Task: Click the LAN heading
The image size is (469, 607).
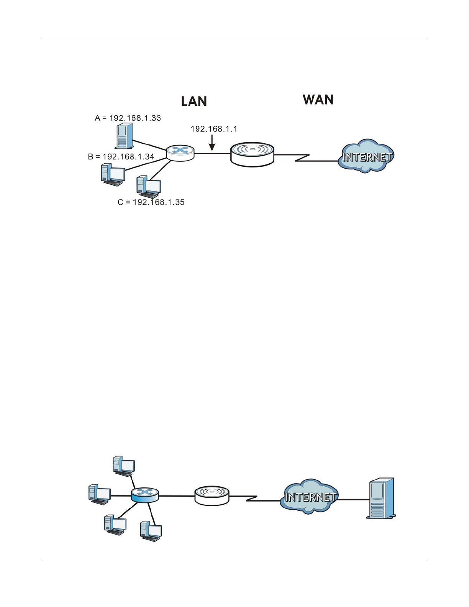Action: point(194,101)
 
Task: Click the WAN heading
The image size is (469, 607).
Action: point(318,100)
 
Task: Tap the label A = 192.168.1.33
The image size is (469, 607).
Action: point(128,118)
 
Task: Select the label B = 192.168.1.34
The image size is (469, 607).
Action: point(121,156)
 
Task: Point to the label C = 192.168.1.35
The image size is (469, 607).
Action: point(151,202)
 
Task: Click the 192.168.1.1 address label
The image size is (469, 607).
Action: point(214,129)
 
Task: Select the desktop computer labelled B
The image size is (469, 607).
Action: point(112,175)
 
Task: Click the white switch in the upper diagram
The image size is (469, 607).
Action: point(180,153)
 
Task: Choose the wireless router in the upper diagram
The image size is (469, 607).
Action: point(252,154)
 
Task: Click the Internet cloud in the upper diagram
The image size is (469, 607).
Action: point(366,156)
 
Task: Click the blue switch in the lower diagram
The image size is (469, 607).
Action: point(144,495)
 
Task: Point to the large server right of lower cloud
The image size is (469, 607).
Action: point(381,498)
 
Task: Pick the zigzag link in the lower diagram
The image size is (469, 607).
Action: point(251,499)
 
